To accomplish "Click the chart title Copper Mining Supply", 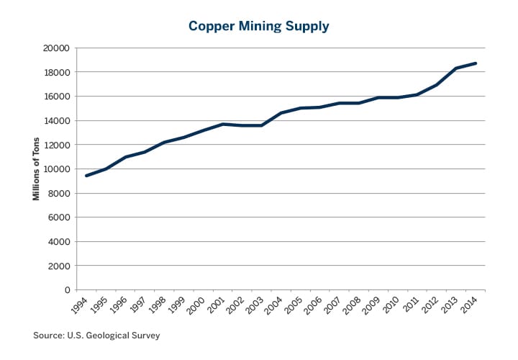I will tap(258, 26).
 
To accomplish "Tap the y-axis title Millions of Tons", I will tap(36, 168).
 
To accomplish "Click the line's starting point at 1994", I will tap(87, 176).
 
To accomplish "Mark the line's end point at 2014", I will tap(476, 63).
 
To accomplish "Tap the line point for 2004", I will tap(281, 113).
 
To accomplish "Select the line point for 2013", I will tap(456, 68).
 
